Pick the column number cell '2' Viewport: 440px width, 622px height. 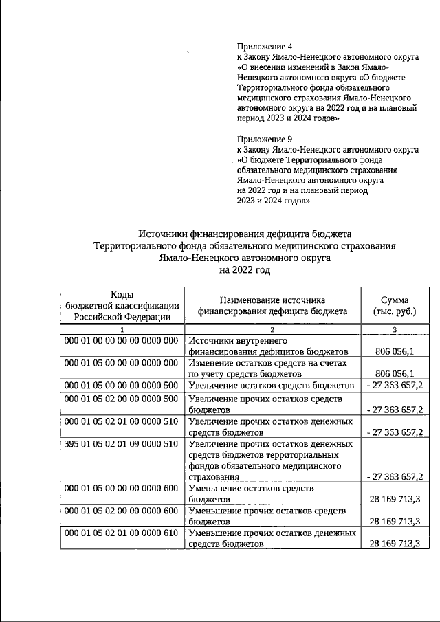(x=270, y=331)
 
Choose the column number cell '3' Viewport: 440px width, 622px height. (x=394, y=331)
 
